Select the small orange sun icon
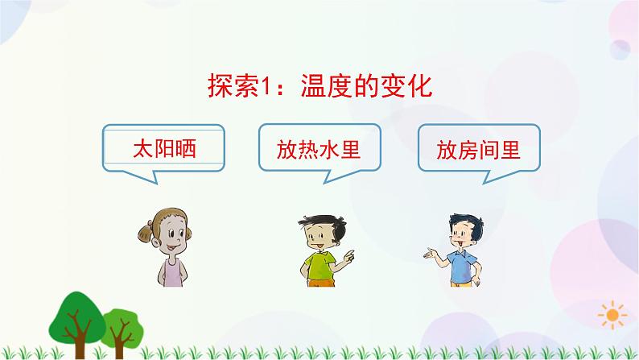[614, 312]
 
